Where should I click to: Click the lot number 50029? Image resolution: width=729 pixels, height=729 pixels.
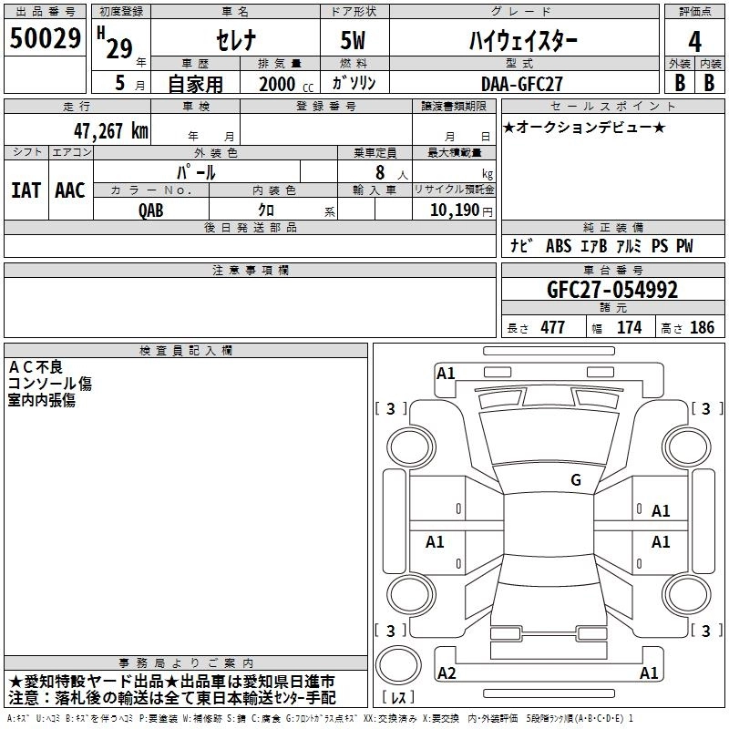click(45, 38)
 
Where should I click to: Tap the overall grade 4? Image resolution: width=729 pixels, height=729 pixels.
click(694, 42)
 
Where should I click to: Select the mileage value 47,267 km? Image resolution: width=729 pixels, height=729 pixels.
click(111, 131)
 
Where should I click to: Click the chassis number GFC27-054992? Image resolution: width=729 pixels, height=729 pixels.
click(612, 290)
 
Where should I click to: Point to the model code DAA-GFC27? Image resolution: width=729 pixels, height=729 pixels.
click(521, 84)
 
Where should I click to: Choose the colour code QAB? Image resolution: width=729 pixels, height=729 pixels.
click(151, 210)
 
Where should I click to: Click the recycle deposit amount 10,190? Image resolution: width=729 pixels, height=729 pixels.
click(455, 210)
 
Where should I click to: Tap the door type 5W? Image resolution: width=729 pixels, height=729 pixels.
click(353, 40)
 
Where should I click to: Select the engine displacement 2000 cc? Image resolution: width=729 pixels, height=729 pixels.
click(286, 84)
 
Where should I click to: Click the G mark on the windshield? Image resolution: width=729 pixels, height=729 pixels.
click(576, 480)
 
